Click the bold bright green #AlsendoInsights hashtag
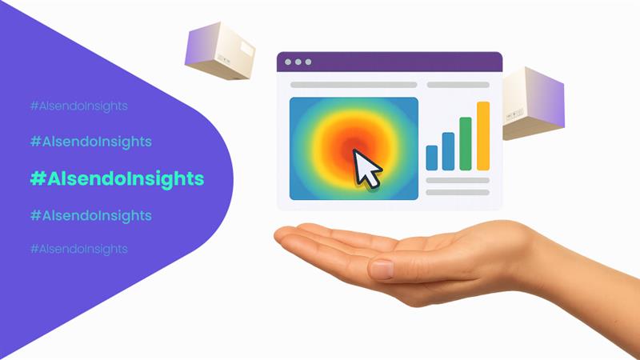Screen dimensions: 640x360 117,179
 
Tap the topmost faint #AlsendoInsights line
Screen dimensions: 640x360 78,106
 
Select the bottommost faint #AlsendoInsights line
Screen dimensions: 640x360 78,249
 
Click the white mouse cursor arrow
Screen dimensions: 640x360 366,169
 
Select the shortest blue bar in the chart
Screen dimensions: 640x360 431,158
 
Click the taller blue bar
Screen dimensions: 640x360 448,151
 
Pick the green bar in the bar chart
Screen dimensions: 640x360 466,144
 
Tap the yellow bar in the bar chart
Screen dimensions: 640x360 483,136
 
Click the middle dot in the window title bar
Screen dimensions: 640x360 298,62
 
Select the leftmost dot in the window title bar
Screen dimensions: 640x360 288,62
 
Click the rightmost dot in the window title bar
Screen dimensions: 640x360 309,62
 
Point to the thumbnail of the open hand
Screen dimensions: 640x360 382,270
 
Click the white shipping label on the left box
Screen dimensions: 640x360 246,49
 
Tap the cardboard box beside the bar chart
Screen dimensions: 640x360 533,103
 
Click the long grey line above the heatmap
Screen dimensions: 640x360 354,85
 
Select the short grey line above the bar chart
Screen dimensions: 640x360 458,85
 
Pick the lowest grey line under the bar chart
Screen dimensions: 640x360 458,192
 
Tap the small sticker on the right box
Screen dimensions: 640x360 514,114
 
